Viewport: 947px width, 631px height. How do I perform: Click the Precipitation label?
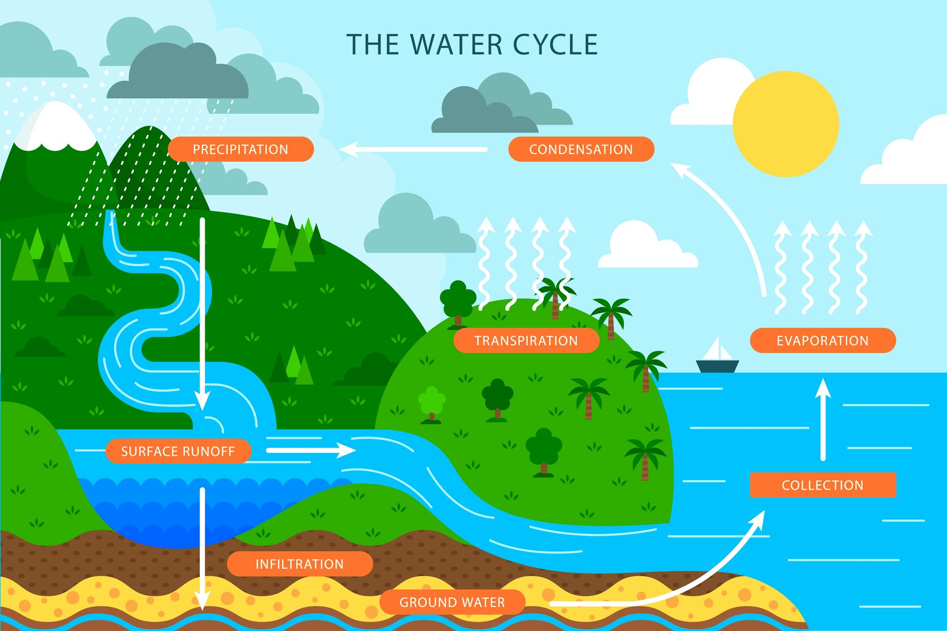coord(241,149)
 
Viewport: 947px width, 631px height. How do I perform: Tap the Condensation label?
coord(581,149)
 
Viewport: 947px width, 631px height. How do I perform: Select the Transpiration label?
coord(526,340)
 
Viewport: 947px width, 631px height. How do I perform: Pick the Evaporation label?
coord(823,340)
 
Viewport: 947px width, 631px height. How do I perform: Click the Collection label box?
coord(823,485)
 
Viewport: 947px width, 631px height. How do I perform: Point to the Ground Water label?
coord(452,602)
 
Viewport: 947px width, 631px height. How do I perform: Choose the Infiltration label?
coord(300,563)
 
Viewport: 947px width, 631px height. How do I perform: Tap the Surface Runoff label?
coord(178,451)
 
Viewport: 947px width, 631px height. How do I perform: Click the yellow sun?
coord(786,124)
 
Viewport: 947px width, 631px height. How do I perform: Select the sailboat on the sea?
coord(718,355)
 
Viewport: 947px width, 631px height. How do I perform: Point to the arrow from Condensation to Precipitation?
coord(413,149)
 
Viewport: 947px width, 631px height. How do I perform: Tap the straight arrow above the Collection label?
coord(823,419)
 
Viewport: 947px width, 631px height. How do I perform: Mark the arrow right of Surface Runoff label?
coord(311,450)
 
